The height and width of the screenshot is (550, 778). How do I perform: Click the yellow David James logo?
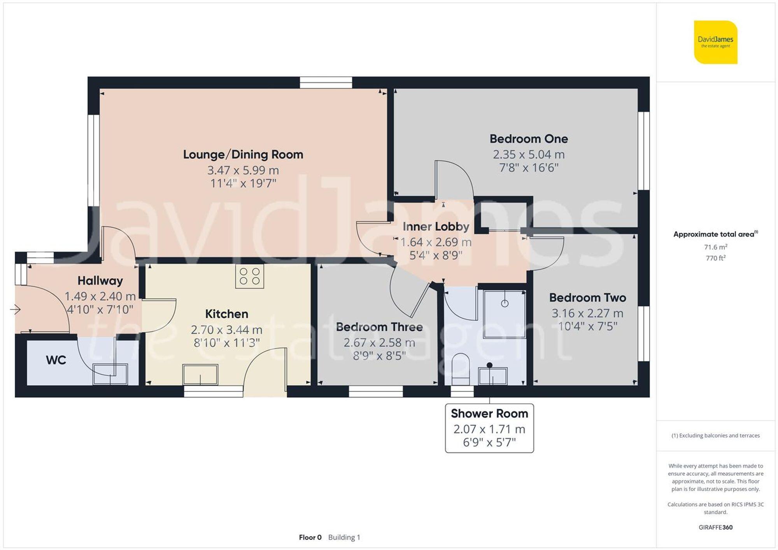point(715,42)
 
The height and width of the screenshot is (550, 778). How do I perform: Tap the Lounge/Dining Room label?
point(243,154)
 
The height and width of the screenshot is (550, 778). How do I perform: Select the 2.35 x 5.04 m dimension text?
point(529,154)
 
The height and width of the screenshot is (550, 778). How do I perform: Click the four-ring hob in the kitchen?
point(249,276)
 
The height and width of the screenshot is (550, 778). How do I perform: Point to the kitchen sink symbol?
point(200,374)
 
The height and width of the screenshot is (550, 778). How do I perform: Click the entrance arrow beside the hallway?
point(16,309)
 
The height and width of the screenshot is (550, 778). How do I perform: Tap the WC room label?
point(56,360)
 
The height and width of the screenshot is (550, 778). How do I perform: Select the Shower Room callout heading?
point(489,414)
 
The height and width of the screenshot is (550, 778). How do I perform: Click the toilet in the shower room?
point(461,368)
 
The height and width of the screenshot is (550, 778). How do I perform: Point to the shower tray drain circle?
point(505,304)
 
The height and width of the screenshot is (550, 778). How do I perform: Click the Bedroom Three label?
point(379,327)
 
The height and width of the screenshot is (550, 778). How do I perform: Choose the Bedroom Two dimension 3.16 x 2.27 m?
point(587,313)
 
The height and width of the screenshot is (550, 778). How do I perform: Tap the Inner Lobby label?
point(436,226)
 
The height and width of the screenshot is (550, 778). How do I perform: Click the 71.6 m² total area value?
point(715,247)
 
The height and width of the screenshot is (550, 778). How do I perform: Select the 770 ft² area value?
point(715,258)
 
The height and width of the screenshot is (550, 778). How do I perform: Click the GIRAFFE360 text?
point(715,527)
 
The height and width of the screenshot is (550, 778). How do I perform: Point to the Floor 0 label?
point(310,537)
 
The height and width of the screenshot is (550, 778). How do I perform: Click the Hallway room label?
point(100,280)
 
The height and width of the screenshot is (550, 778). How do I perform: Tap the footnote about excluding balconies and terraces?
point(715,435)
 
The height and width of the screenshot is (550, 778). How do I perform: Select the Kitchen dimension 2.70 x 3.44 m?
point(226,330)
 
